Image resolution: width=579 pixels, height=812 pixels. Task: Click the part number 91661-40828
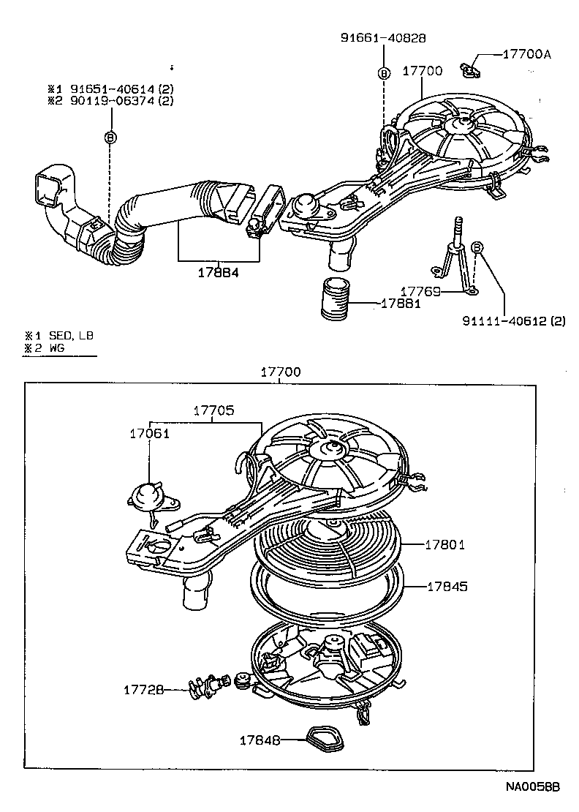(x=383, y=38)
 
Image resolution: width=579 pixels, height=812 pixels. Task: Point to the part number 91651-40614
(x=113, y=89)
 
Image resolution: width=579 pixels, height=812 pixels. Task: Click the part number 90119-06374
(x=113, y=101)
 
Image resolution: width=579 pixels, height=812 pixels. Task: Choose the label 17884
(x=219, y=272)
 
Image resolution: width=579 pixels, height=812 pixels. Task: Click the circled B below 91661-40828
(x=383, y=72)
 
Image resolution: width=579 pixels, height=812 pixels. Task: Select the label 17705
(x=213, y=410)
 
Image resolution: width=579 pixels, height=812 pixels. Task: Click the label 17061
(x=149, y=433)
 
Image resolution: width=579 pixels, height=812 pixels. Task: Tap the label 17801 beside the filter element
(x=446, y=544)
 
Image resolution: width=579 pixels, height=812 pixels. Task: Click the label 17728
(x=143, y=689)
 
